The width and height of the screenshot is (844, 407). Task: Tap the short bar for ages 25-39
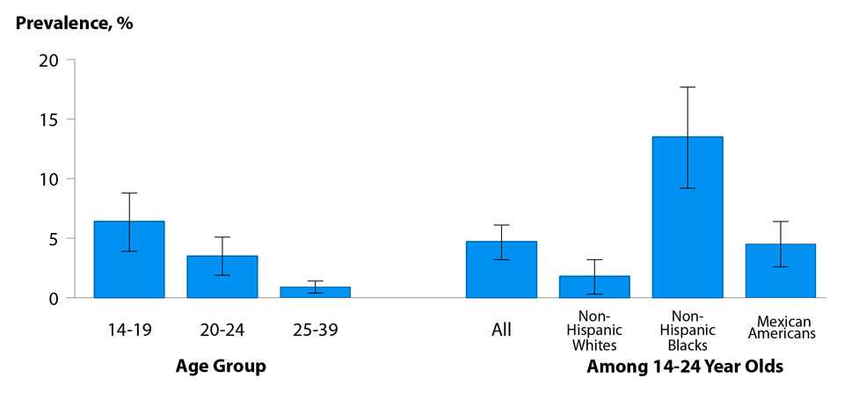coord(315,292)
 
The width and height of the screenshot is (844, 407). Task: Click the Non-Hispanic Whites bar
coord(594,287)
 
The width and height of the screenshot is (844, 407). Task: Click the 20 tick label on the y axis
coord(48,60)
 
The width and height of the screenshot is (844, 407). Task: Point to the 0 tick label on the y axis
coord(54,298)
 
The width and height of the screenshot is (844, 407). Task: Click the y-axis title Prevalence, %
coord(75,24)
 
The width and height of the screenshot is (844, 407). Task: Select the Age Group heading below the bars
coord(222,366)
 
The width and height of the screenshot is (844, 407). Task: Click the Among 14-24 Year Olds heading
coord(685,366)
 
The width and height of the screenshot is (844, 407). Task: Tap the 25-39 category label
coord(315,331)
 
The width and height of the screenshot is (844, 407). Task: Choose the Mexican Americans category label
coord(781,327)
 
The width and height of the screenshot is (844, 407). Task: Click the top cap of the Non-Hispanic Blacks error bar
coord(688,87)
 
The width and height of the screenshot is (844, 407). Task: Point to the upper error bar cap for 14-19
coord(128,193)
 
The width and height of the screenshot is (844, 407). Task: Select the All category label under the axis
coord(501,331)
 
